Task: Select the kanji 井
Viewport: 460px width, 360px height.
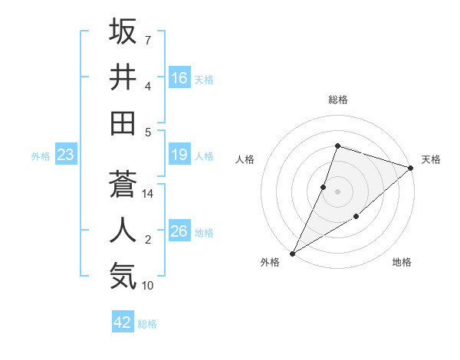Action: click(x=123, y=77)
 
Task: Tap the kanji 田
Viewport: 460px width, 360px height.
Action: click(x=123, y=123)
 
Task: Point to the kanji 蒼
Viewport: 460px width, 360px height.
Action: click(x=123, y=185)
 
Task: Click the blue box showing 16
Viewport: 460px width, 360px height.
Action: click(x=179, y=78)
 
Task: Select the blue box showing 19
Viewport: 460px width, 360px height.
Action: click(x=179, y=155)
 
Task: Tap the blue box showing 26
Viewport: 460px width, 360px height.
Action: click(x=179, y=232)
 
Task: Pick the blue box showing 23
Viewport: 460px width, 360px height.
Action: click(x=66, y=155)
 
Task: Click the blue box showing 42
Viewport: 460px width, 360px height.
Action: click(x=123, y=322)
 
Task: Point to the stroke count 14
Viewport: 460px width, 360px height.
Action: click(x=148, y=194)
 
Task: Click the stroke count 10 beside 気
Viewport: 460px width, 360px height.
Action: click(x=148, y=286)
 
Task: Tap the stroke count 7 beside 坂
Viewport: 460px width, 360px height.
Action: click(x=148, y=40)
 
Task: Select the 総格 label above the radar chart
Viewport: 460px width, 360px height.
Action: click(x=337, y=100)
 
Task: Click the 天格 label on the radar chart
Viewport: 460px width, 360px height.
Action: click(x=431, y=159)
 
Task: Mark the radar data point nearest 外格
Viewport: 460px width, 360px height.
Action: click(x=292, y=253)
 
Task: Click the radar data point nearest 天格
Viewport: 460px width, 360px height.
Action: click(x=410, y=168)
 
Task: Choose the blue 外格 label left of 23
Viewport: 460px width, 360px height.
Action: click(x=41, y=156)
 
